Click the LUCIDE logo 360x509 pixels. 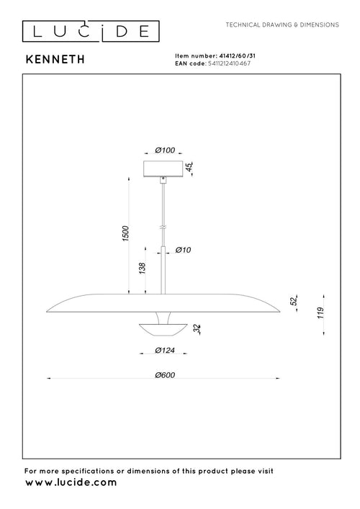point(91,32)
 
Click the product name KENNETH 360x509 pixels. point(55,60)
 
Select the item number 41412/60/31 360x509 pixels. point(238,56)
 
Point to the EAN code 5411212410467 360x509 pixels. point(229,63)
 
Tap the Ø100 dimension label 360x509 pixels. point(165,150)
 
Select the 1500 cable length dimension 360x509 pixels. point(125,233)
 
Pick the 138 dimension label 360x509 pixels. point(142,268)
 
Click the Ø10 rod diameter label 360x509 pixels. point(183,250)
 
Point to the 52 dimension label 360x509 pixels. point(294,301)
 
